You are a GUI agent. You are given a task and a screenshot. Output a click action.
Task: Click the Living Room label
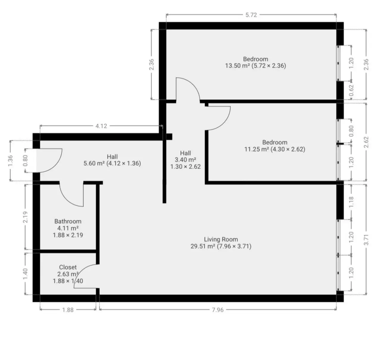pos(221,239)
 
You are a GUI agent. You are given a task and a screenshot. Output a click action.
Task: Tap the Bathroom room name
pos(68,221)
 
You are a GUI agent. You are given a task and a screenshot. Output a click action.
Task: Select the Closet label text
pos(68,267)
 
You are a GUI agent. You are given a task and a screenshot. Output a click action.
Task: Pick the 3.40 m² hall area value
pos(185,160)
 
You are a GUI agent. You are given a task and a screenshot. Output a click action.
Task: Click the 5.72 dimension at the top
pos(251,15)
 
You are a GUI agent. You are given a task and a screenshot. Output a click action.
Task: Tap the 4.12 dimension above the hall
pos(101,126)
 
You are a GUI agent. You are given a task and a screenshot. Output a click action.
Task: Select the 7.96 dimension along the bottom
pos(217,310)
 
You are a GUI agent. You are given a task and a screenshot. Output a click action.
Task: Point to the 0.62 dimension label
pos(351,90)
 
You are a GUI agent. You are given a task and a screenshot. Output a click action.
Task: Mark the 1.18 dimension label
pos(351,202)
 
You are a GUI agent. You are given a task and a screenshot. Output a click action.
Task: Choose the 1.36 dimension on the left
pos(10,161)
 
